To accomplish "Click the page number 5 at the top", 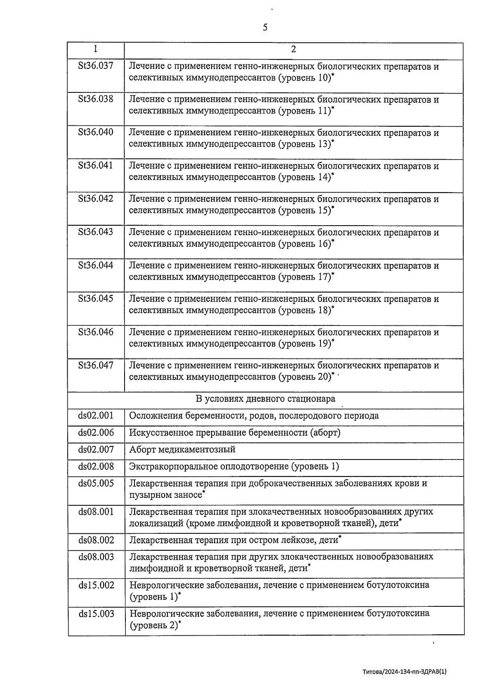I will click(265, 28).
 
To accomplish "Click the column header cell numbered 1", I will click(95, 49).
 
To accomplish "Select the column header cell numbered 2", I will click(293, 49).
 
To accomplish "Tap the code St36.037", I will click(96, 65).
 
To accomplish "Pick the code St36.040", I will click(96, 132).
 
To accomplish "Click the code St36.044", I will click(96, 265).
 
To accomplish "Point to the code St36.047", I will click(96, 365).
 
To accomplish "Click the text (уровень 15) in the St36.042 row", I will click(305, 210).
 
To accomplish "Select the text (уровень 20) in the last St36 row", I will click(305, 377).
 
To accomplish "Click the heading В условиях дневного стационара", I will click(265, 399).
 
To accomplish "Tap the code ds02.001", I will click(96, 415).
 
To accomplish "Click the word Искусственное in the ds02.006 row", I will click(159, 433).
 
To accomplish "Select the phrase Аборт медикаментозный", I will click(182, 450).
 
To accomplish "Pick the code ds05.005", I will click(96, 483).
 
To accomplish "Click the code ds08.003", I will click(96, 557).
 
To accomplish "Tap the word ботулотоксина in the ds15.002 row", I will click(398, 585).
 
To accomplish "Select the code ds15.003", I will click(96, 613).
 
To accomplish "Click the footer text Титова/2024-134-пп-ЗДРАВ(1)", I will click(404, 672).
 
